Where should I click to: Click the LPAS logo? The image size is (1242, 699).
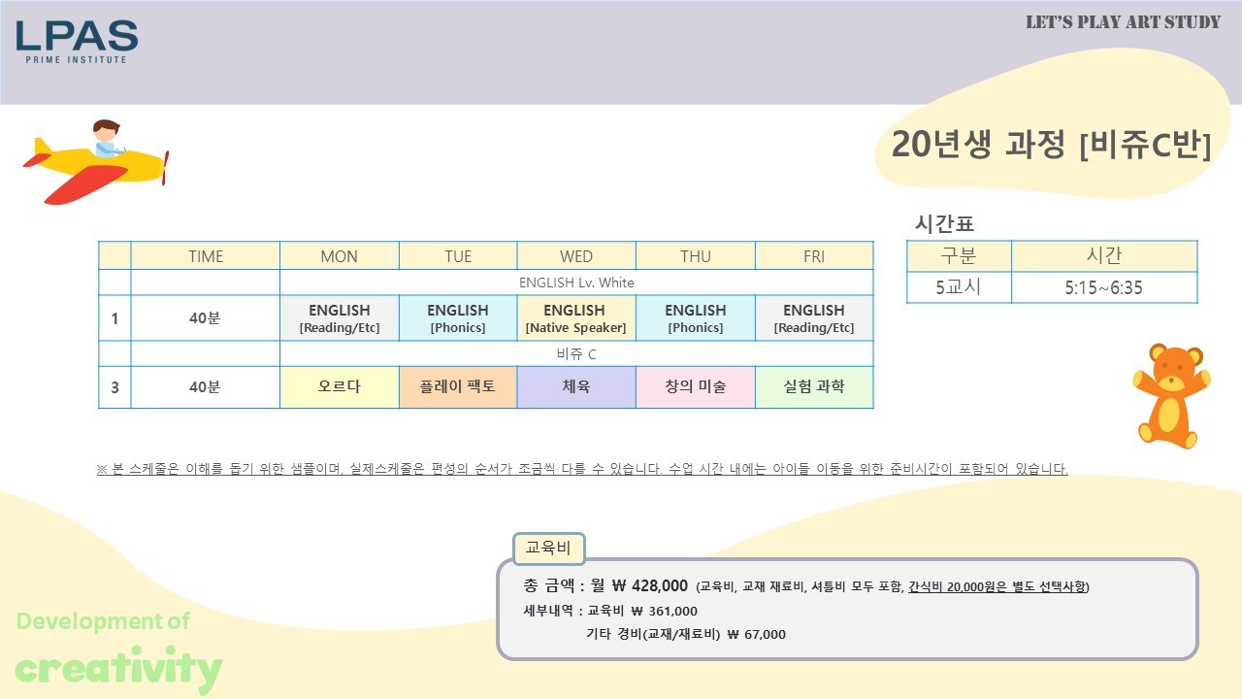(x=77, y=42)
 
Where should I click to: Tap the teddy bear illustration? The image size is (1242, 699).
(x=1171, y=396)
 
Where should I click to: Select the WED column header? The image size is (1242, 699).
(x=576, y=256)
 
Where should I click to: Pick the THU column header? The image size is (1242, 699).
(x=696, y=256)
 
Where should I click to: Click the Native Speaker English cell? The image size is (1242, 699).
(x=576, y=317)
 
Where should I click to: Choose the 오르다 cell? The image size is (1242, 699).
(x=340, y=386)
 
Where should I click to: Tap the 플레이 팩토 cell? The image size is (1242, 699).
(x=457, y=386)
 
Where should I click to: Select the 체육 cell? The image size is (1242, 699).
(x=576, y=386)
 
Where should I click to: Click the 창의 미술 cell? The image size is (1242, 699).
(x=696, y=386)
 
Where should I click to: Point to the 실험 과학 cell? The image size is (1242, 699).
(x=814, y=386)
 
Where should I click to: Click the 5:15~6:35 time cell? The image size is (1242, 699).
(x=1104, y=287)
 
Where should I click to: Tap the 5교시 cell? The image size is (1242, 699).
(x=959, y=287)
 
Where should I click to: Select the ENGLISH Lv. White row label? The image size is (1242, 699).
(x=576, y=283)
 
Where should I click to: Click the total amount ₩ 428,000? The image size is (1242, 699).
(x=650, y=585)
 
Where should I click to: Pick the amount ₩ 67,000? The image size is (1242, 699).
(x=756, y=634)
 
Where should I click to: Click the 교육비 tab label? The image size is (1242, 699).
(x=548, y=549)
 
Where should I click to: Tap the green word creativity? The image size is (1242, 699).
(x=118, y=668)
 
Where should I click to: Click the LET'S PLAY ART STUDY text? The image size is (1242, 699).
(x=1123, y=22)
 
